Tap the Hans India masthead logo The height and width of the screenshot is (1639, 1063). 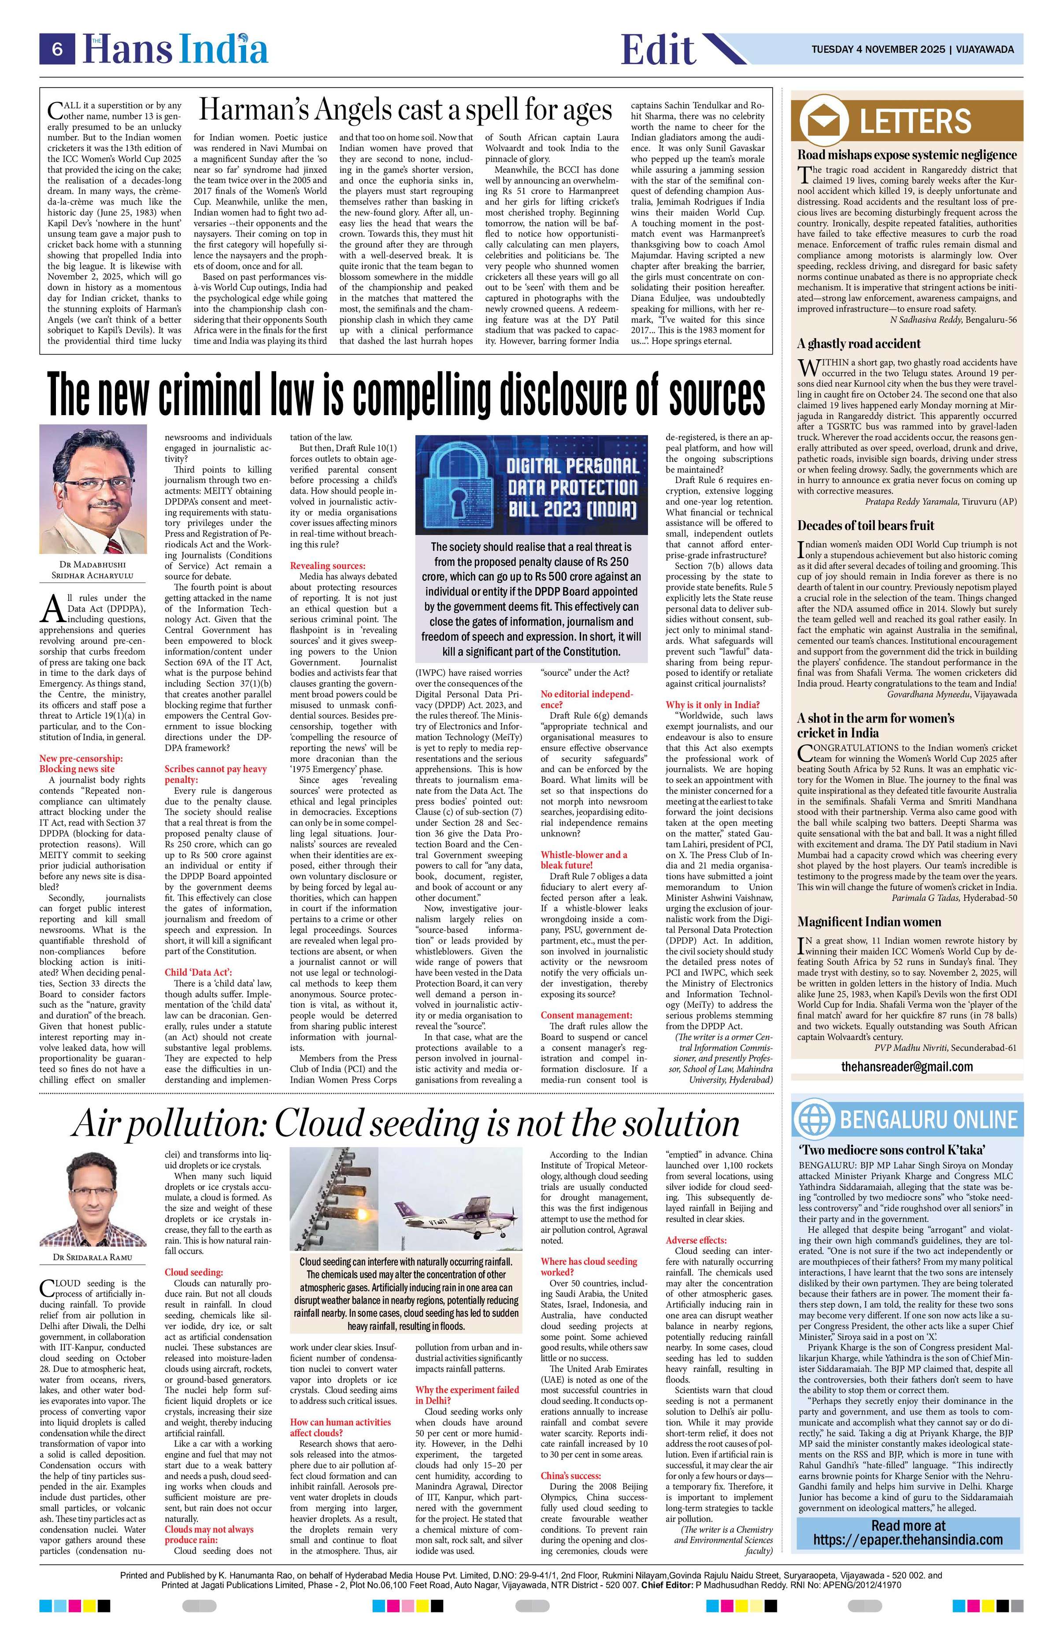[x=176, y=50]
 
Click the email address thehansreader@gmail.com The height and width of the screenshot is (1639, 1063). [x=907, y=1066]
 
